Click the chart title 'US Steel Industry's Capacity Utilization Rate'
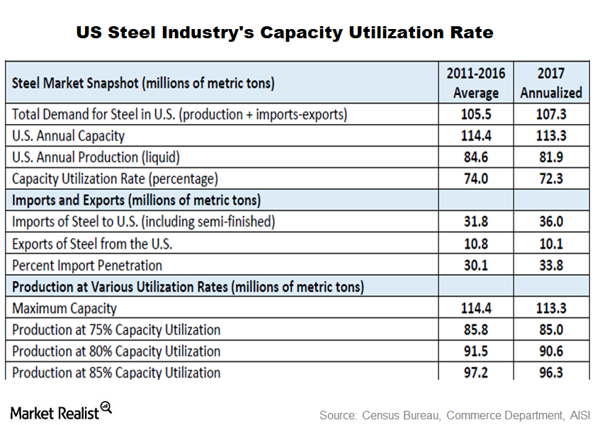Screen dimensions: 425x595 [285, 33]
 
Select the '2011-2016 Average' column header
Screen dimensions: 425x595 [476, 83]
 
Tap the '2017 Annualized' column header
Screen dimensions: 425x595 [550, 83]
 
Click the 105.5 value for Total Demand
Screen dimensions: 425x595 [476, 114]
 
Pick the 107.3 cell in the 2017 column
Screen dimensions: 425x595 [550, 114]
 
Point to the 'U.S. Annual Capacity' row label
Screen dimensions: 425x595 [69, 135]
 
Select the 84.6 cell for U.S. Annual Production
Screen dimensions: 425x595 [476, 157]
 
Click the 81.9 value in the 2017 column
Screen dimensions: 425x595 [550, 157]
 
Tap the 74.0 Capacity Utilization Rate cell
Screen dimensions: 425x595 [476, 178]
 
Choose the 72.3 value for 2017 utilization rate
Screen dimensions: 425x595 [550, 178]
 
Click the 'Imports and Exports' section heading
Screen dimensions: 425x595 [136, 200]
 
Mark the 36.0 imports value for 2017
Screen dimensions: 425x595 [550, 222]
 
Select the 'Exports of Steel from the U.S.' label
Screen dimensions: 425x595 [93, 244]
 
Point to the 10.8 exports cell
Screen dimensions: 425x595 [476, 244]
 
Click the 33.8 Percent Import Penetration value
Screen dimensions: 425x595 [550, 266]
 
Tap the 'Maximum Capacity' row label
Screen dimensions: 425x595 [64, 308]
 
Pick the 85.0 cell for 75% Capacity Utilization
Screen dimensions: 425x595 [550, 330]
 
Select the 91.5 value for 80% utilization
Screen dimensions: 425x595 [476, 351]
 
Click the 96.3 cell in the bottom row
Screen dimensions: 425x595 [550, 373]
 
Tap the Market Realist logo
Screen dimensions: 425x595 [61, 412]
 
